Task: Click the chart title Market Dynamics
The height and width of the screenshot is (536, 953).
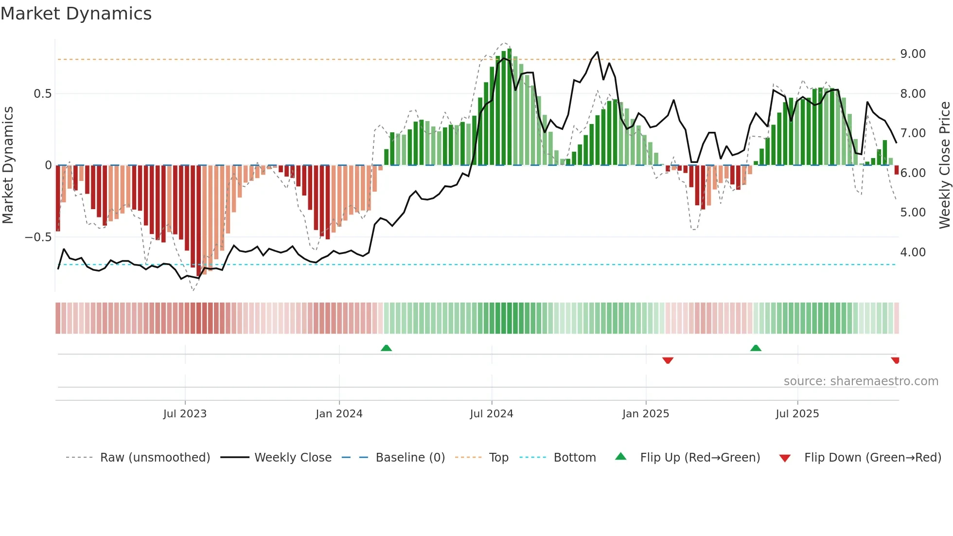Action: tap(76, 14)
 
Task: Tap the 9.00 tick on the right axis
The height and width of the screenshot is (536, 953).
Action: tap(913, 54)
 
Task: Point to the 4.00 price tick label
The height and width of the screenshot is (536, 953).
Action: tap(913, 252)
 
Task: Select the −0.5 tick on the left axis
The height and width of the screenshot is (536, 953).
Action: tap(38, 237)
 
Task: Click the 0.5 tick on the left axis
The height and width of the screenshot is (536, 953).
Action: tap(42, 94)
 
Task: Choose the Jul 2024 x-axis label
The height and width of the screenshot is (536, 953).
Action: tap(491, 414)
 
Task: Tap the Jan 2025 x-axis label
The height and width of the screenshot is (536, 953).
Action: tap(645, 414)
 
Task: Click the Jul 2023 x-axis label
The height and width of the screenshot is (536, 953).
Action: tap(185, 414)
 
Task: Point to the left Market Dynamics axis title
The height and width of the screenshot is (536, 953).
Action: tap(8, 165)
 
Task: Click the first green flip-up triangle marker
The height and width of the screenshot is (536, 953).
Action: tap(386, 348)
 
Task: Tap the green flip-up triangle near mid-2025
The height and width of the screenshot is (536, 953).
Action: tap(756, 348)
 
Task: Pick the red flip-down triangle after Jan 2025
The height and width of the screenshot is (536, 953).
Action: tap(668, 360)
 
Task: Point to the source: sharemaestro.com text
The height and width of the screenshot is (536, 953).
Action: tap(861, 381)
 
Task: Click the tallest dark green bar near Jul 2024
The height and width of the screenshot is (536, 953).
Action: tap(509, 107)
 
